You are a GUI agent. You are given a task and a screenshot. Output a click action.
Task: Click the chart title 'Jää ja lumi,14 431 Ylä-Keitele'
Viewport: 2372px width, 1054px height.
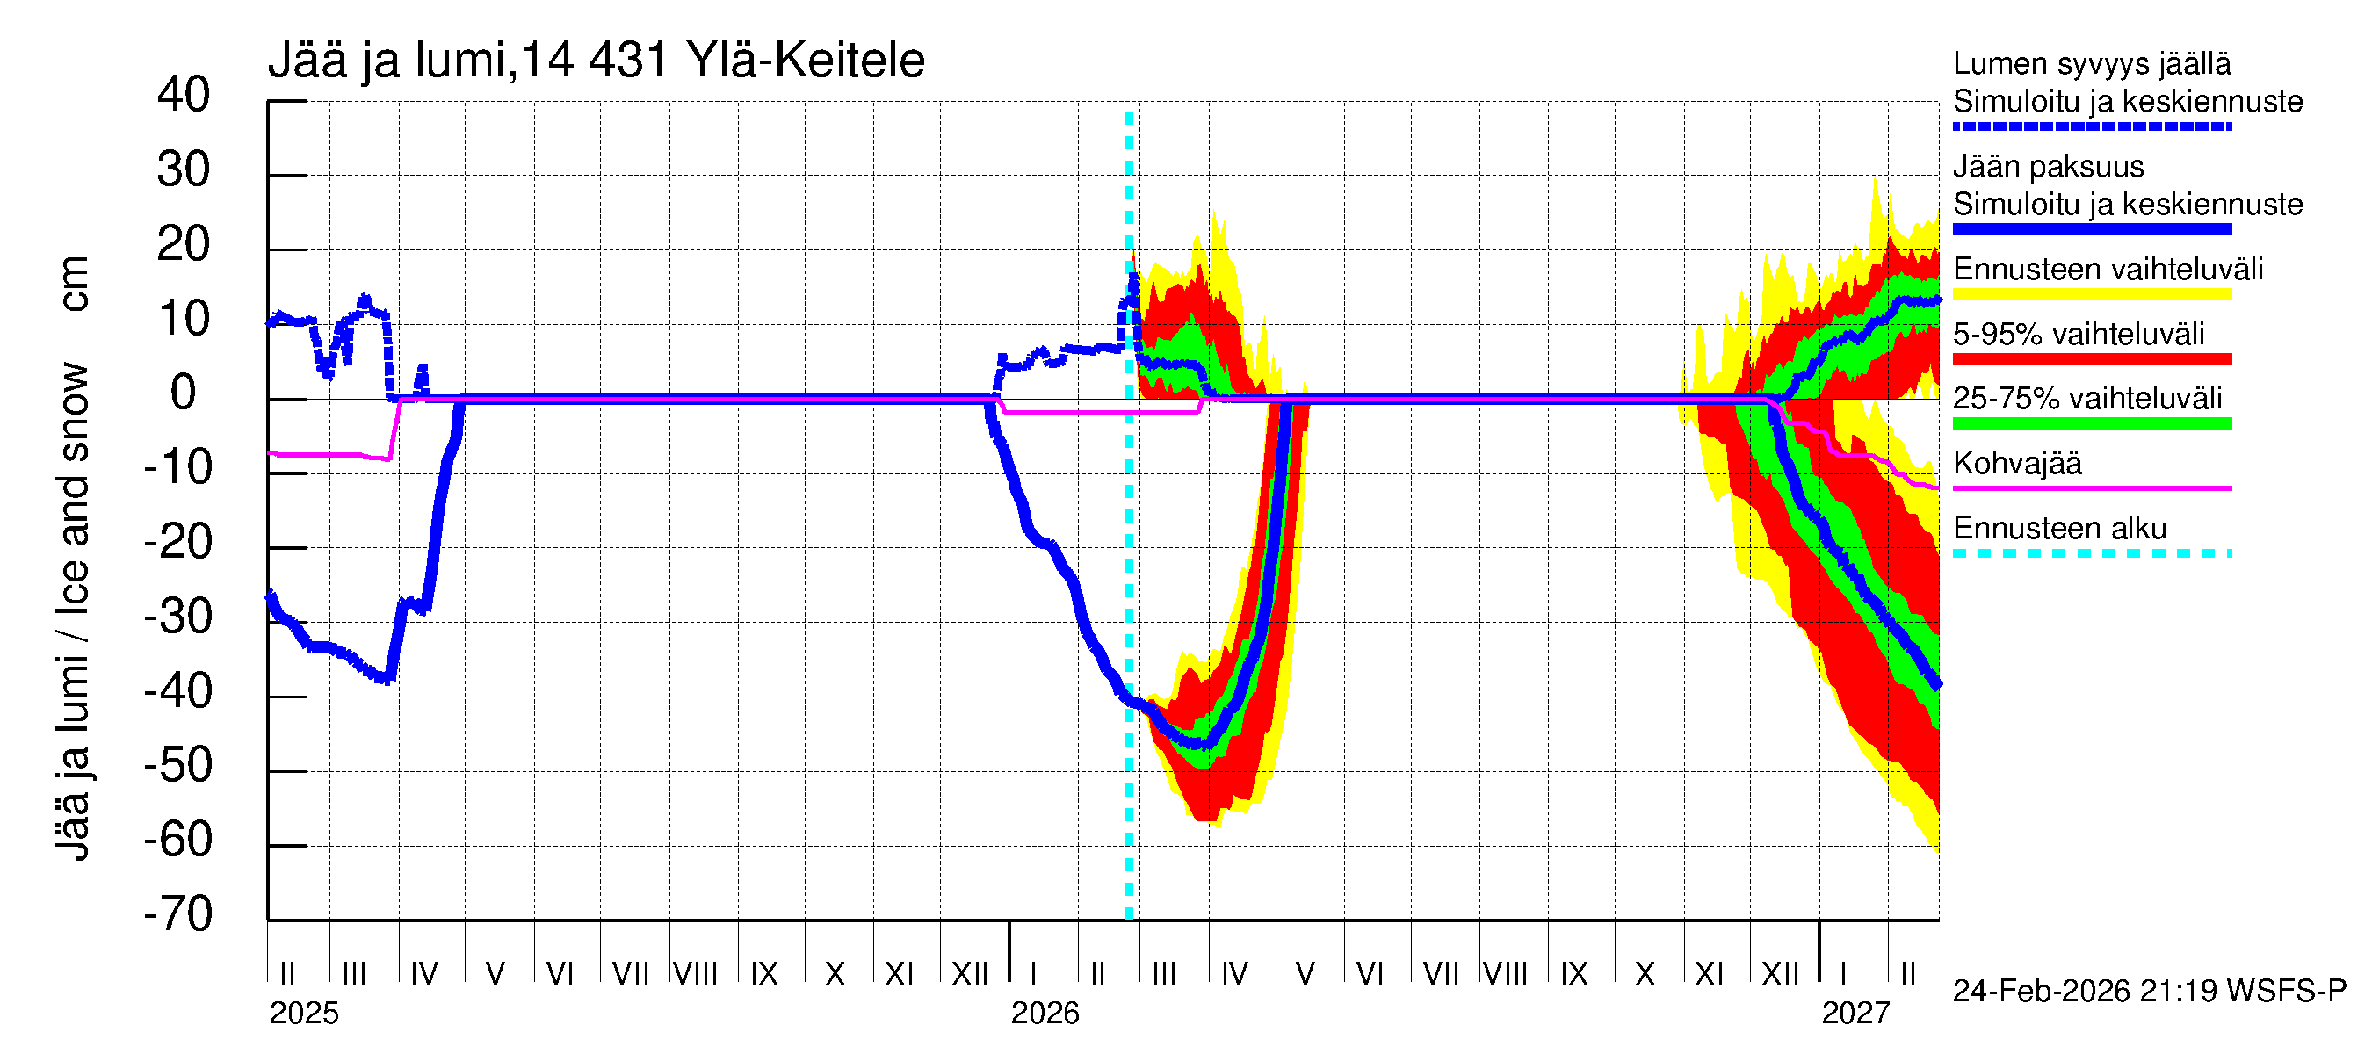(596, 61)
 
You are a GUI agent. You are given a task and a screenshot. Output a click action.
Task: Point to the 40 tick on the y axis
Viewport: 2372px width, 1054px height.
(184, 95)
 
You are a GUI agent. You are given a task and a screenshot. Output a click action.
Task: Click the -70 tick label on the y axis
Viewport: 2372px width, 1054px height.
(177, 914)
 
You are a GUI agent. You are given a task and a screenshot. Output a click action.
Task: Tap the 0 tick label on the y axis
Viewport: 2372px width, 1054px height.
(184, 393)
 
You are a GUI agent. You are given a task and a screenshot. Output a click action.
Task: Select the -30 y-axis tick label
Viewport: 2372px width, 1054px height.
(177, 616)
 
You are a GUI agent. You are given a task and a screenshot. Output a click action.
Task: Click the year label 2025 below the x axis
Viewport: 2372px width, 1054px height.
(304, 1014)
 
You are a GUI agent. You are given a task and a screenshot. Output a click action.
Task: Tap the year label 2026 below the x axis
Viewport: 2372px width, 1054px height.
(1045, 1014)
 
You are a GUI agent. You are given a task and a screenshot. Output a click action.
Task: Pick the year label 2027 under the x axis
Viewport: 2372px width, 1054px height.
(1855, 1014)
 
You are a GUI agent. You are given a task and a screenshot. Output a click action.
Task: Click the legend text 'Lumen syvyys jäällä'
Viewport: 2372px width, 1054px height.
(2091, 63)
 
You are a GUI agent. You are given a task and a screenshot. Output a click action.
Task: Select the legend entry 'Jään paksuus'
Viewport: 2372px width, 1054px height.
(2048, 167)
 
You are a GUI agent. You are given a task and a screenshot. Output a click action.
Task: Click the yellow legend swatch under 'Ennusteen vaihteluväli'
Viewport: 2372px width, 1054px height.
(2091, 294)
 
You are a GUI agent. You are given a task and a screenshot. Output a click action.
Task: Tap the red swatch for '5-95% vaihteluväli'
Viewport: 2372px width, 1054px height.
(2091, 359)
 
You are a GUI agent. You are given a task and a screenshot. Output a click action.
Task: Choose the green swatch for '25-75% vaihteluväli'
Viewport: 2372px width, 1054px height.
(2091, 423)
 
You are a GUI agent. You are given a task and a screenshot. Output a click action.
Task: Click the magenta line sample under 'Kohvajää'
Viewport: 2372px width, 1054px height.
(2091, 487)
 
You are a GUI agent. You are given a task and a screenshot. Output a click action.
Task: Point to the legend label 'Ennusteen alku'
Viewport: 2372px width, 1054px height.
(2059, 529)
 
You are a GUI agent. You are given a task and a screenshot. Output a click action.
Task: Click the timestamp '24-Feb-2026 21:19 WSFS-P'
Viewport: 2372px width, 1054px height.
(2149, 992)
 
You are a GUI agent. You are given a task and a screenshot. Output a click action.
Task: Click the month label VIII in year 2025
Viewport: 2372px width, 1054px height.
(695, 974)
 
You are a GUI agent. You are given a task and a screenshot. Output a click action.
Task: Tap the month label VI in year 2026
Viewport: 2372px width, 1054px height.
(1370, 974)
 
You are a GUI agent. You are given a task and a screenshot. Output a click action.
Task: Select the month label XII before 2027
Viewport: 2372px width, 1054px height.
(1779, 974)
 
